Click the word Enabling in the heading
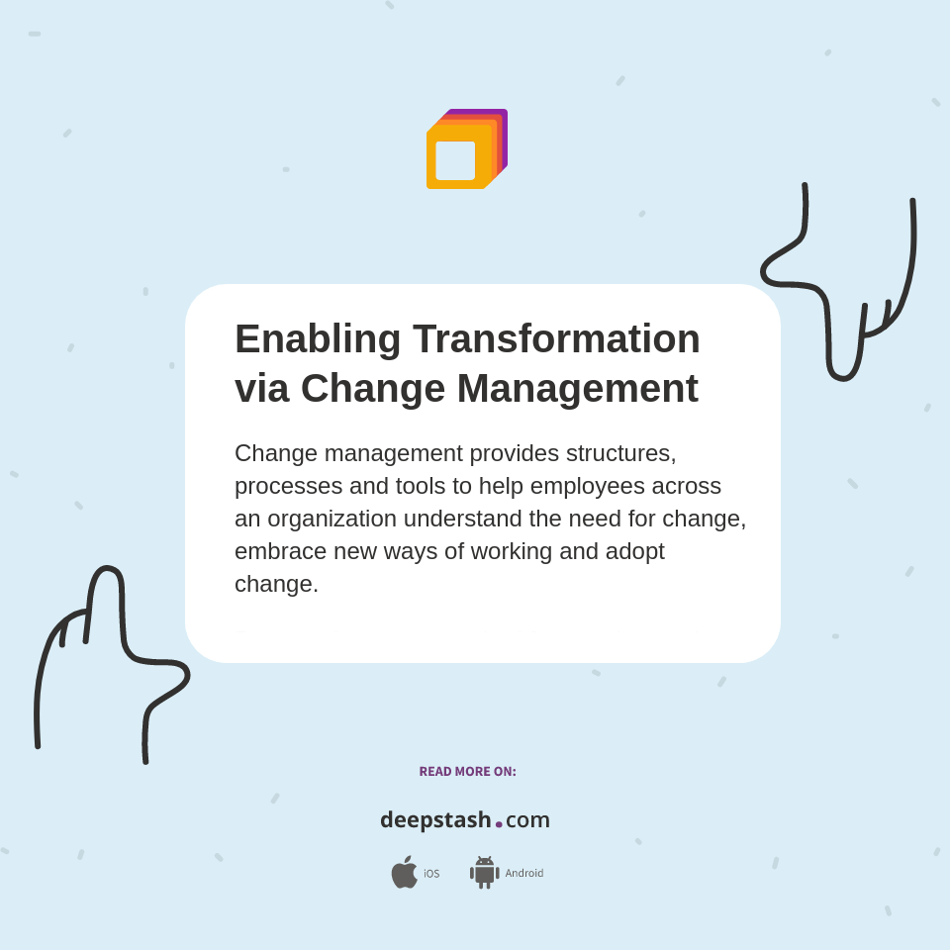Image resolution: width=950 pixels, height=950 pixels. coord(318,339)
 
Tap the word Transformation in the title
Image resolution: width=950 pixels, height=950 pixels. coord(556,339)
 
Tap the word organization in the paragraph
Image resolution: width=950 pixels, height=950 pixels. coord(332,519)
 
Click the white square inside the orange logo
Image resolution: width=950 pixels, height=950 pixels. coord(455,160)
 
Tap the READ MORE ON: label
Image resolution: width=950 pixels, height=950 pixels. coord(467,772)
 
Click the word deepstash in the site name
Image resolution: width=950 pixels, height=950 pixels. coord(435,820)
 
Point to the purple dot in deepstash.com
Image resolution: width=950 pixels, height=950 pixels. coord(499,824)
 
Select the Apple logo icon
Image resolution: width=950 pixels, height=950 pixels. coord(404,873)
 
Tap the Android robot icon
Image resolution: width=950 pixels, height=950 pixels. coord(485,873)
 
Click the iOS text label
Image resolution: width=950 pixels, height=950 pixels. coord(431,874)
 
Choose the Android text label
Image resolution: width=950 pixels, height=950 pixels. coord(524,874)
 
